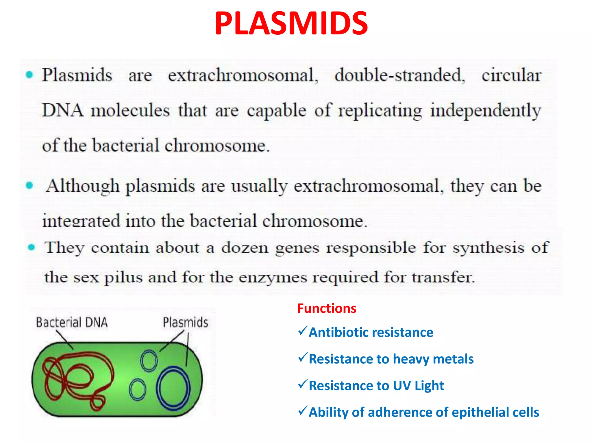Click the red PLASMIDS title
pyautogui.click(x=291, y=24)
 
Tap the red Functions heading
pyautogui.click(x=327, y=308)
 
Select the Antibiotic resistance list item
pyautogui.click(x=371, y=332)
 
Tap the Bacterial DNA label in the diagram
pyautogui.click(x=72, y=322)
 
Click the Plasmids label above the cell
pyautogui.click(x=185, y=322)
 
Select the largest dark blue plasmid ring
pyautogui.click(x=173, y=388)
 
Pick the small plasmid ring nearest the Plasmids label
pyautogui.click(x=149, y=360)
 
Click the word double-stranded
pyautogui.click(x=399, y=75)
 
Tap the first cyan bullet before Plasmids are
pyautogui.click(x=29, y=75)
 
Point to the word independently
pyautogui.click(x=485, y=111)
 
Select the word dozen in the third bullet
pyautogui.click(x=245, y=248)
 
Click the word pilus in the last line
pyautogui.click(x=123, y=277)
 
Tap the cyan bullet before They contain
pyautogui.click(x=31, y=247)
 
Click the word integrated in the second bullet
pyautogui.click(x=81, y=221)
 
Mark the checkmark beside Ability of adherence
pyautogui.click(x=302, y=410)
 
